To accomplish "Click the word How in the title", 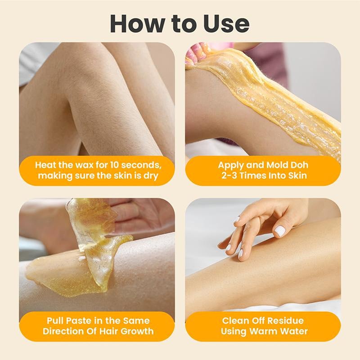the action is (137, 23).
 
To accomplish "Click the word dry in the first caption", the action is (151, 176).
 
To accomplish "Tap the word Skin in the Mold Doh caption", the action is (297, 175).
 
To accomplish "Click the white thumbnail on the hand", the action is (279, 231).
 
